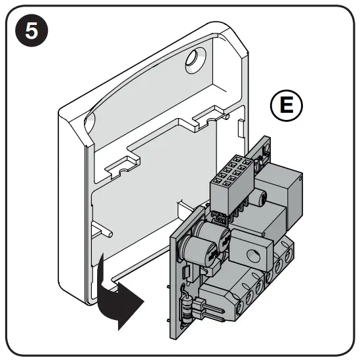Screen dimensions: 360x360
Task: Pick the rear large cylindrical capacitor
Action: (216, 236)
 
